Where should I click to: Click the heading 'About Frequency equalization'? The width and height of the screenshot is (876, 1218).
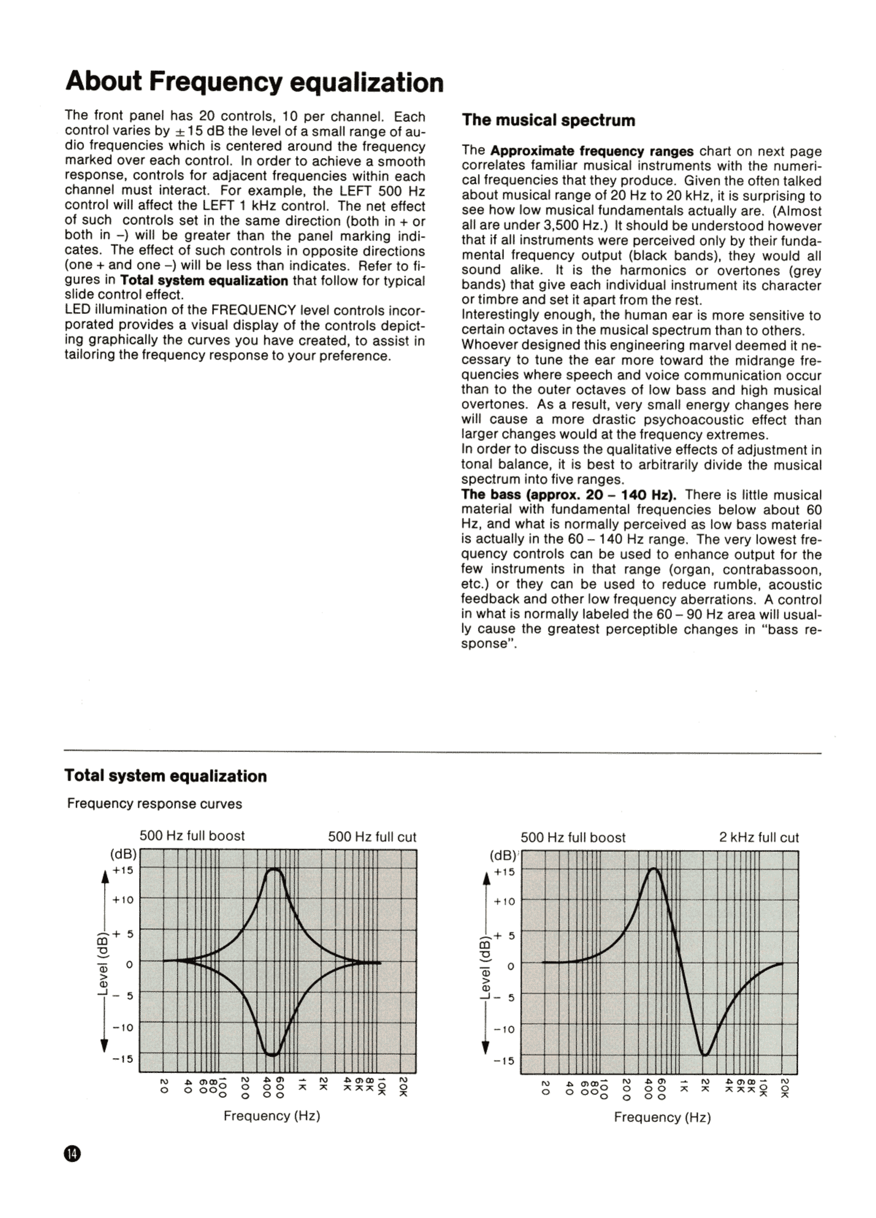[x=254, y=82]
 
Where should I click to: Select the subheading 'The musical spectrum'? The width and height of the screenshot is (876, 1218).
[x=548, y=120]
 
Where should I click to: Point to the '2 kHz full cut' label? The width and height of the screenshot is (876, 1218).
[x=758, y=838]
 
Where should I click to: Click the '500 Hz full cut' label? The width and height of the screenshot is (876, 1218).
[x=372, y=837]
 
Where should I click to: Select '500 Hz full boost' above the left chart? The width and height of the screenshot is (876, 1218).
[x=192, y=836]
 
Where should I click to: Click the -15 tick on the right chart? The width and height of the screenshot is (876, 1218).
[x=504, y=1061]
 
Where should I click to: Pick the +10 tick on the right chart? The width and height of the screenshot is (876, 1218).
[x=504, y=902]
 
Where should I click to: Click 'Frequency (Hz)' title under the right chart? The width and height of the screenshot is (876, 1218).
[x=662, y=1118]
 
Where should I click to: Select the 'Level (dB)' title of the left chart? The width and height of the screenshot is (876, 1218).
[x=102, y=964]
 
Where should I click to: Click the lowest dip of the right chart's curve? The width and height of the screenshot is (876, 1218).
[x=705, y=1055]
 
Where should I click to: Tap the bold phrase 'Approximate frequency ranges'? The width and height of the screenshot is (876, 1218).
[x=591, y=151]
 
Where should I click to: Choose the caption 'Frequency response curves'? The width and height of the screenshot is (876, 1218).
[x=154, y=804]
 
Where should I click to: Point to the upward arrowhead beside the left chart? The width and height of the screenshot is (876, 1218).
[x=105, y=876]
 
